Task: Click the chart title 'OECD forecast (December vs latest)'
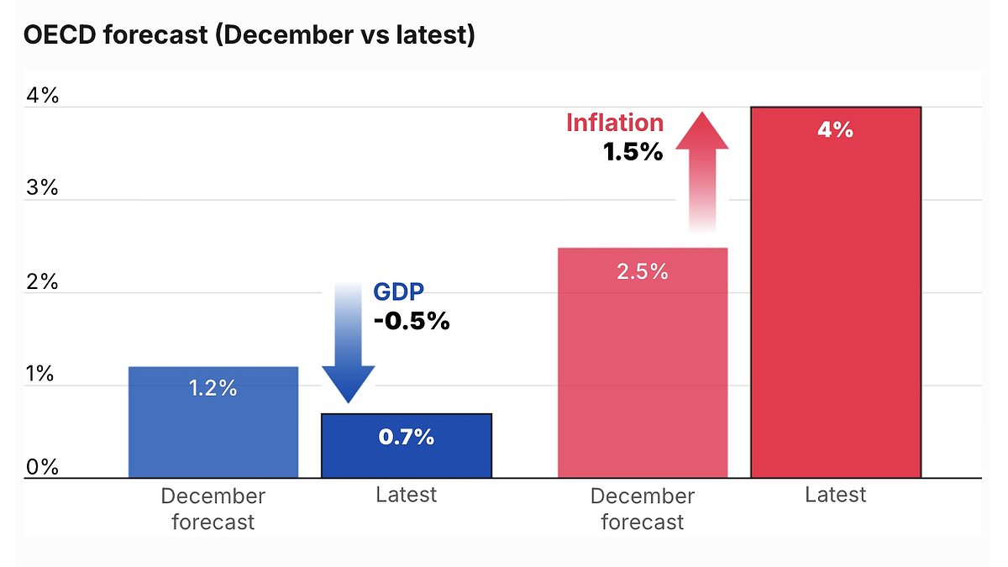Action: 249,36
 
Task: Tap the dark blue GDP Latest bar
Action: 407,454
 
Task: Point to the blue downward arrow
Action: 348,344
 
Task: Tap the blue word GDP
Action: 399,292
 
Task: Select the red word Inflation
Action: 615,123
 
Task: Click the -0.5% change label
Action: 412,321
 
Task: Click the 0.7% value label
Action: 407,437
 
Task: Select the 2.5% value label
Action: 642,271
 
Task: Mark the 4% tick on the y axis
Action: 43,96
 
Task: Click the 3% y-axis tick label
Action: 43,189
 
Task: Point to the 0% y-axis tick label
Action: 43,467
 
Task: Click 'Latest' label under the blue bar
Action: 407,495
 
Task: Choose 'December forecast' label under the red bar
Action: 643,508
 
